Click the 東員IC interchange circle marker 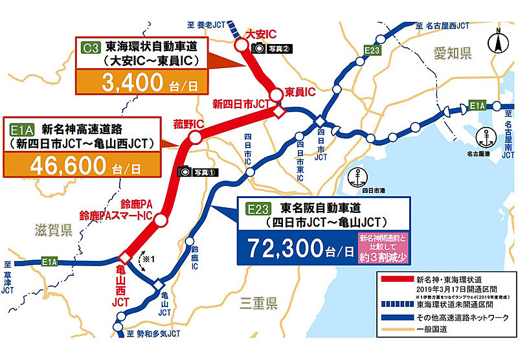click(276, 95)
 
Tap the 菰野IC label click(188, 122)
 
